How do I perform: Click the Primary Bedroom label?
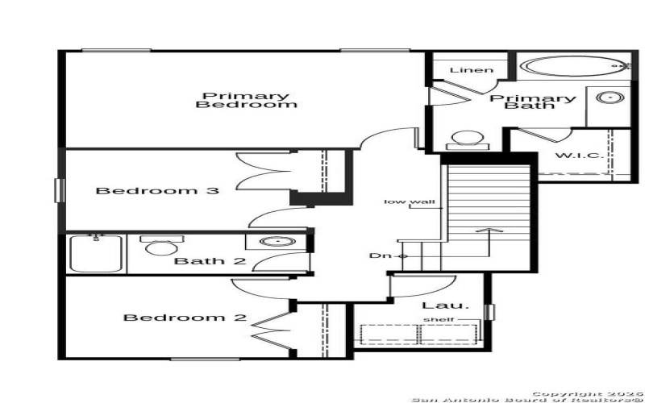(247, 100)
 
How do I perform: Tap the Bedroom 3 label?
(157, 191)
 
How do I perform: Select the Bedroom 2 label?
(185, 318)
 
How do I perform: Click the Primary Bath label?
(533, 102)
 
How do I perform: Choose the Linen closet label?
(471, 70)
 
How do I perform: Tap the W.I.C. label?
(578, 155)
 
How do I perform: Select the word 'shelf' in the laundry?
(440, 320)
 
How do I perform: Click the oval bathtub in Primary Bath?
(572, 66)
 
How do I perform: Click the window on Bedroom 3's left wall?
(59, 190)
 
